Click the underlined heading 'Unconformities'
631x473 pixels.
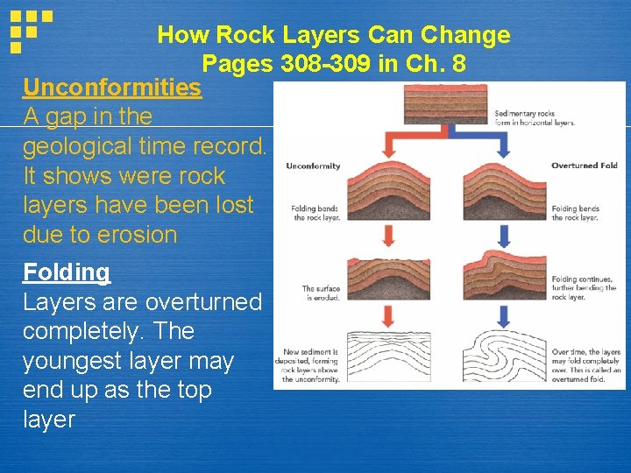point(112,88)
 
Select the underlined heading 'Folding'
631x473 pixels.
point(67,272)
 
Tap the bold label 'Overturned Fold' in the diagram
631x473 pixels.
point(584,166)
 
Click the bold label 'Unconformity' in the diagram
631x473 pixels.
point(313,166)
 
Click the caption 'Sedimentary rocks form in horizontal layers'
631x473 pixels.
point(535,117)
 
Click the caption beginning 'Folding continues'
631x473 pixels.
point(585,288)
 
